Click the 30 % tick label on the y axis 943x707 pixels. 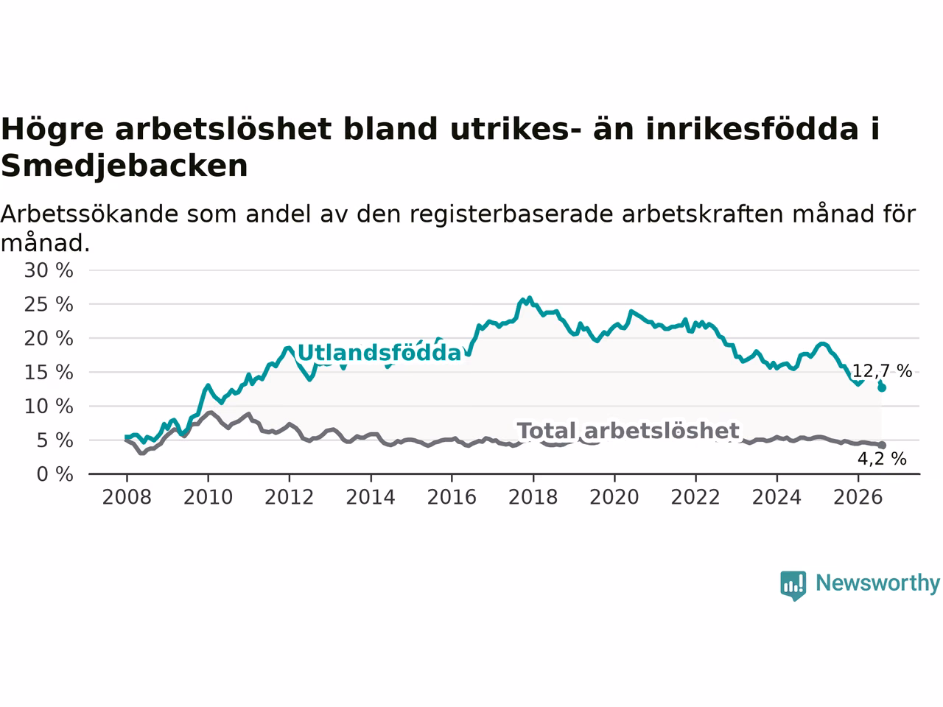pyautogui.click(x=49, y=270)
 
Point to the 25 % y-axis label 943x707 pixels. pyautogui.click(x=49, y=304)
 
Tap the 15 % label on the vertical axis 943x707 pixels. pyautogui.click(x=49, y=372)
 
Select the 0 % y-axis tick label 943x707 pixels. pyautogui.click(x=55, y=474)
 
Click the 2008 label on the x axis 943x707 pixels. pyautogui.click(x=127, y=497)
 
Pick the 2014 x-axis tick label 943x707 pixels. pyautogui.click(x=371, y=497)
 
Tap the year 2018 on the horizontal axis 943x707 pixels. pyautogui.click(x=533, y=497)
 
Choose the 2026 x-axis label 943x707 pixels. pyautogui.click(x=858, y=497)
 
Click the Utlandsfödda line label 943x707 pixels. pyautogui.click(x=379, y=353)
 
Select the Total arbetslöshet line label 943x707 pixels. pyautogui.click(x=628, y=431)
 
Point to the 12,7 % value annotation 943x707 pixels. pyautogui.click(x=882, y=371)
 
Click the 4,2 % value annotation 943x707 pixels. pyautogui.click(x=882, y=459)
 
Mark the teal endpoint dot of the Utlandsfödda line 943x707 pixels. pyautogui.click(x=882, y=387)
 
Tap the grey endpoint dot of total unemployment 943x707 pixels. pyautogui.click(x=882, y=445)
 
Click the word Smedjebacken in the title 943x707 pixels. pyautogui.click(x=125, y=166)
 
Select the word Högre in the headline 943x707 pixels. pyautogui.click(x=52, y=130)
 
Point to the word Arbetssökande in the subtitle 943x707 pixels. pyautogui.click(x=89, y=214)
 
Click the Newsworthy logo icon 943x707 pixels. pyautogui.click(x=793, y=585)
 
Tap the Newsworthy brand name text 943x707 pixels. pyautogui.click(x=878, y=583)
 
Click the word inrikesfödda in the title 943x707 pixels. pyautogui.click(x=752, y=129)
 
